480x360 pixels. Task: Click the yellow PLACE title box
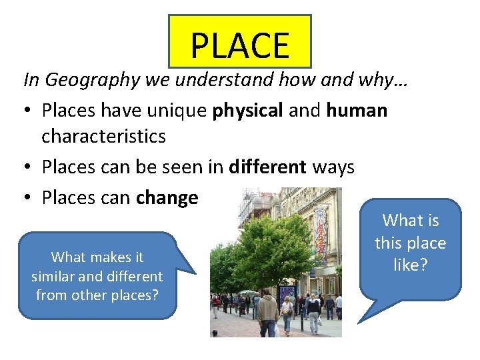click(x=240, y=42)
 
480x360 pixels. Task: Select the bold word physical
click(x=247, y=110)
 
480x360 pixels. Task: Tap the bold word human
click(x=357, y=110)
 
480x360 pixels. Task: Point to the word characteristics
click(x=103, y=137)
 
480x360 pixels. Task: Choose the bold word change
click(x=167, y=198)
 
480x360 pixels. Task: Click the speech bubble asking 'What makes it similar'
click(x=97, y=275)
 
